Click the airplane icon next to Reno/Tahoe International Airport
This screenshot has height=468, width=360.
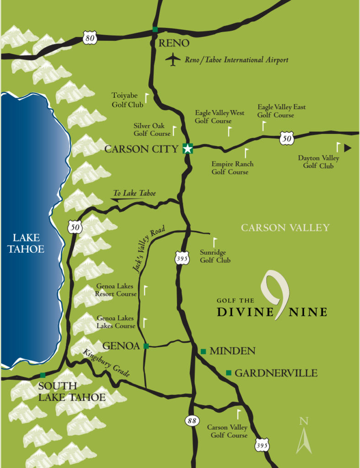tap(173, 59)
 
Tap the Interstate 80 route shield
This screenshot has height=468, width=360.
tap(90, 38)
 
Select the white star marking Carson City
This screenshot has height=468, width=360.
tap(188, 148)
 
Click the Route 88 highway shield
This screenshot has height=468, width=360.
tap(191, 420)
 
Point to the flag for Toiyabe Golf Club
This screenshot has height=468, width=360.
tap(147, 98)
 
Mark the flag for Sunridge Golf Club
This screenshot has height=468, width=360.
tap(215, 242)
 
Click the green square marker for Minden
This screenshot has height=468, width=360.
tap(203, 351)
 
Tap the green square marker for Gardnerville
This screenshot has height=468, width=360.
tap(229, 373)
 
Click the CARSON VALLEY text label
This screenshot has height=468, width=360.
tap(285, 228)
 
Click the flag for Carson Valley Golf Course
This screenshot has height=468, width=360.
tap(238, 414)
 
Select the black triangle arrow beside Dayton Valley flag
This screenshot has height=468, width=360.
tap(347, 148)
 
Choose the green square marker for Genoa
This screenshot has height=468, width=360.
tap(146, 346)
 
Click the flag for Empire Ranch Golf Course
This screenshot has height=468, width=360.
tap(247, 153)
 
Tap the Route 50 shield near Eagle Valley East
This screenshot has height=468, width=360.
tap(286, 138)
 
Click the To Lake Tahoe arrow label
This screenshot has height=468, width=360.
tap(134, 194)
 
